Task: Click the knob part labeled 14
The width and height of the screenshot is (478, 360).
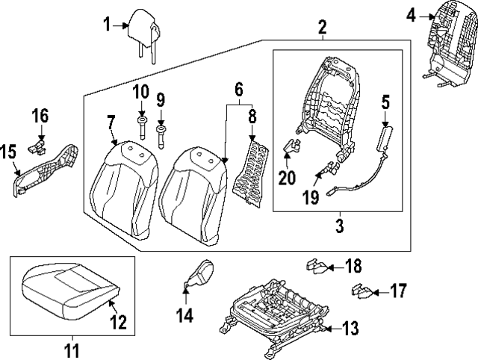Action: click(199, 275)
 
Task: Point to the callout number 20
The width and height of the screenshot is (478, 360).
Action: click(288, 178)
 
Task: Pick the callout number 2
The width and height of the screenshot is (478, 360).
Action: click(323, 28)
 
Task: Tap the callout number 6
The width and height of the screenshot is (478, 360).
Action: click(239, 90)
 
